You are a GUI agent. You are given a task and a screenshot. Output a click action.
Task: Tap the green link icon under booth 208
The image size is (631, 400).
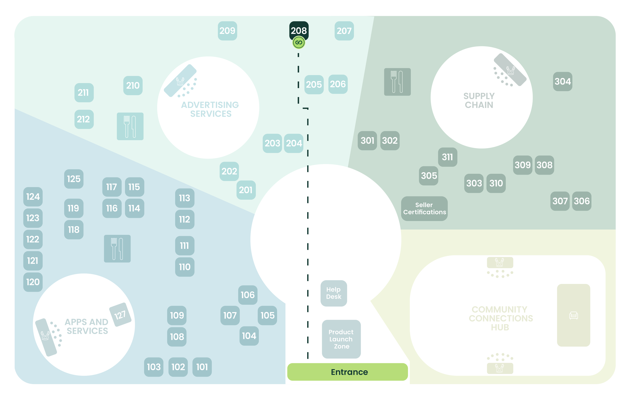click(x=299, y=42)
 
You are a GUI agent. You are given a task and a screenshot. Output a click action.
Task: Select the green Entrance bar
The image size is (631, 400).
click(x=348, y=372)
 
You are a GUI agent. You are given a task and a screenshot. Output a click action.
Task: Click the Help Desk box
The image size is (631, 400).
click(x=334, y=293)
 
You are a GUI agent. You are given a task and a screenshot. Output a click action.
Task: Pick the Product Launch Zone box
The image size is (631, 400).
click(x=341, y=339)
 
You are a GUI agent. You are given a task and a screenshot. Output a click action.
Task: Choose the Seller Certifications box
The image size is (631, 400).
click(x=424, y=208)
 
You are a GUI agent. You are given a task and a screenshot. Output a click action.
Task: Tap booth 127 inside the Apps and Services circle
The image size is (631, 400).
click(x=120, y=315)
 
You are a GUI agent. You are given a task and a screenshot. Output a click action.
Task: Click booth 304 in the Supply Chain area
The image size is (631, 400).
click(x=562, y=81)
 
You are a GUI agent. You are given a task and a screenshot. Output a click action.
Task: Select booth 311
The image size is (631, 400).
click(x=447, y=157)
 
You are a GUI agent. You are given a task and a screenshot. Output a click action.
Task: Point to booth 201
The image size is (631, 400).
click(x=246, y=190)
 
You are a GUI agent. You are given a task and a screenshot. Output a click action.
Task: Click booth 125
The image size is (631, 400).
click(x=74, y=179)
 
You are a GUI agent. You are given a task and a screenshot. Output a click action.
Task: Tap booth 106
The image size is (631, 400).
click(x=248, y=295)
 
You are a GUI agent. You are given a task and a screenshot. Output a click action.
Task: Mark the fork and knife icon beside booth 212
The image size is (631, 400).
click(x=130, y=126)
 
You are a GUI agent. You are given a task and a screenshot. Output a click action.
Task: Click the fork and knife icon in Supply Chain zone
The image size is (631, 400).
click(x=397, y=82)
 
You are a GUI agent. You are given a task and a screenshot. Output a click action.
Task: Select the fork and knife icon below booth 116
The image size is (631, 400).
click(x=117, y=249)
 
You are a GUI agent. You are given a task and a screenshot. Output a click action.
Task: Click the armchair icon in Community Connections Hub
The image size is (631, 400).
click(x=573, y=315)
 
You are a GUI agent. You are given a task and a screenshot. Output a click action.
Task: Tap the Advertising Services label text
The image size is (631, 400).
click(x=210, y=109)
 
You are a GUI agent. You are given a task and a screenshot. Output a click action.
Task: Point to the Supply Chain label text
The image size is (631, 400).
click(x=479, y=100)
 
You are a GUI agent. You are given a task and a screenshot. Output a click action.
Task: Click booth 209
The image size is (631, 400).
click(x=227, y=31)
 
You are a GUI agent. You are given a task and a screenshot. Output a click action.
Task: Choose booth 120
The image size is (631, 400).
click(x=33, y=282)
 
